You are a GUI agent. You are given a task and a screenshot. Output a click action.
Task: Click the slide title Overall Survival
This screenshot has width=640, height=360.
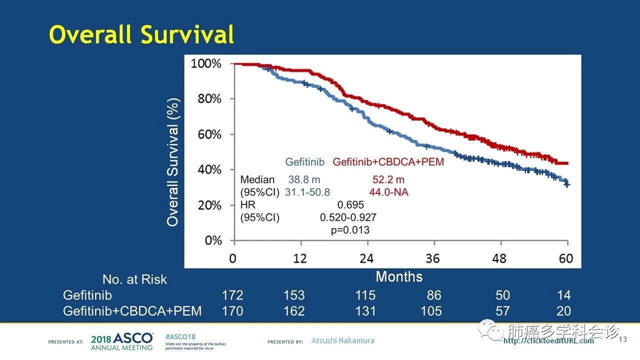[x=141, y=35]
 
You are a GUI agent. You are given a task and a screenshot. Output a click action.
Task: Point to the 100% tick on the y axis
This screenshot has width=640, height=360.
[x=206, y=64]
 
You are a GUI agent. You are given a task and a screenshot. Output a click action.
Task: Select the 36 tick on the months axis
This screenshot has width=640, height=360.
[x=433, y=258]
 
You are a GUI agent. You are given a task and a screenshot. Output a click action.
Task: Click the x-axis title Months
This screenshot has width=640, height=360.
[x=399, y=276]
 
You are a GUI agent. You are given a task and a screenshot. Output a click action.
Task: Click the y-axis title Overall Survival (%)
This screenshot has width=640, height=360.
[x=172, y=162]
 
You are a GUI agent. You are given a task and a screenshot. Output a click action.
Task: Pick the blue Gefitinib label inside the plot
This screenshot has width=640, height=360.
[x=305, y=162]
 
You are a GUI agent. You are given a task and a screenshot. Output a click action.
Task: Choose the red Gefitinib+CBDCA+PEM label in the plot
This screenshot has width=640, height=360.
[x=388, y=162]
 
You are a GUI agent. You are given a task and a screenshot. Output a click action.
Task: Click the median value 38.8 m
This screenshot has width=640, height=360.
[x=304, y=179]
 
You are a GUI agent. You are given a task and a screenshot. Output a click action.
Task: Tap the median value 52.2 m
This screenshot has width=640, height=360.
[x=388, y=179]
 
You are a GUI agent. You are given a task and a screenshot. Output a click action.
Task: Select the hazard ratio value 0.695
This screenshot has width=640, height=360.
[x=350, y=205]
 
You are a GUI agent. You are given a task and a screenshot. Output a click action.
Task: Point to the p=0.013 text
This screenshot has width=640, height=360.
[x=350, y=230]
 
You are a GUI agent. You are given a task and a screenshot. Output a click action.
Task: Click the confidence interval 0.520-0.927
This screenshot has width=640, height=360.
[x=348, y=217]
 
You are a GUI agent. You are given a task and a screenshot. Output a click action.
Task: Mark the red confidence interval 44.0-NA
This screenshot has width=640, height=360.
[x=390, y=192]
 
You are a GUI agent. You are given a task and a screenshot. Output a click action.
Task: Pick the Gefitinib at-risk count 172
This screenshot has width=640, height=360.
[x=232, y=295]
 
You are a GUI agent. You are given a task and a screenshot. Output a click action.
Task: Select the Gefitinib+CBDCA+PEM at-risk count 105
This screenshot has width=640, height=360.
[x=431, y=311]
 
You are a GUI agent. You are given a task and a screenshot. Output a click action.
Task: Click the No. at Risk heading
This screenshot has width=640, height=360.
[x=134, y=279]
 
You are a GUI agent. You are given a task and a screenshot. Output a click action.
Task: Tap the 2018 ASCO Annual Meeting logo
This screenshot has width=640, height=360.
[x=122, y=341]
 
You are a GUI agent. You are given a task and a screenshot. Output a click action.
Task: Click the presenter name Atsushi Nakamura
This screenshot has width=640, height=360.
[x=342, y=341]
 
